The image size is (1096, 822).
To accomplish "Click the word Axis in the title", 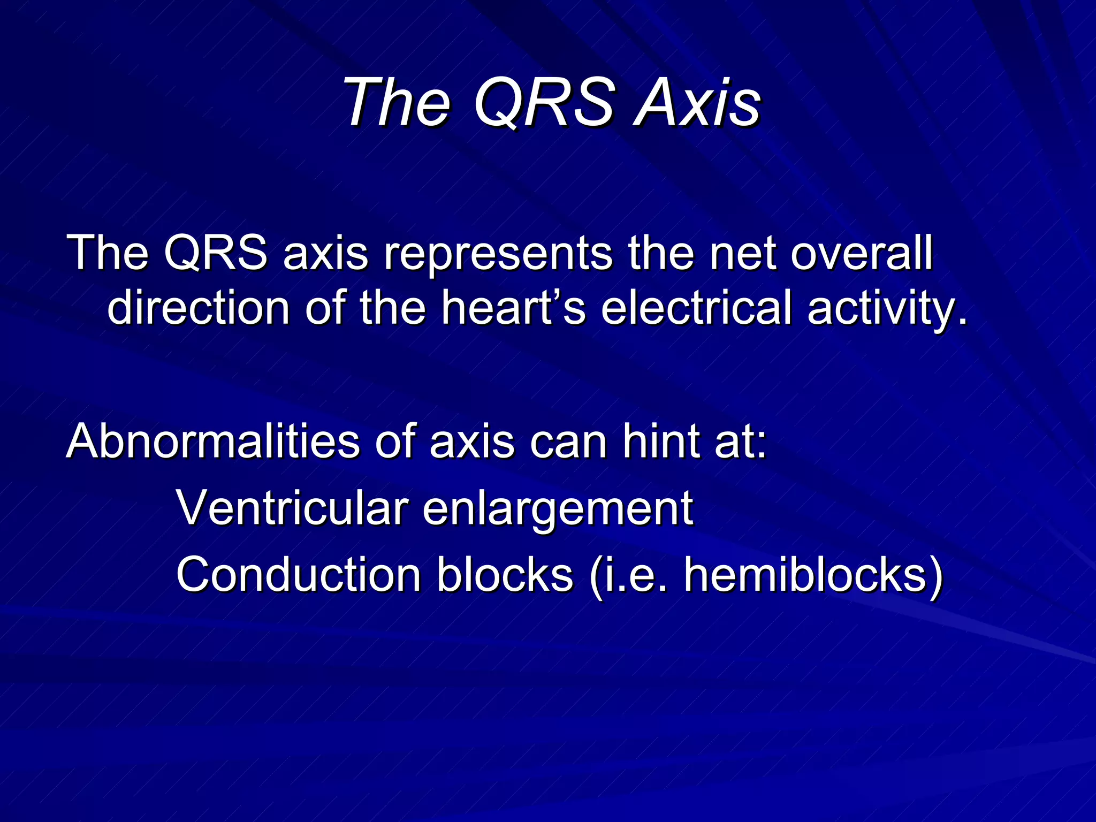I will [x=697, y=102].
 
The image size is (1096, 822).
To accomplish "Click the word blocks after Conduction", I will [x=505, y=574].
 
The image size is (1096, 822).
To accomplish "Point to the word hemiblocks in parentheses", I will [x=805, y=574].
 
